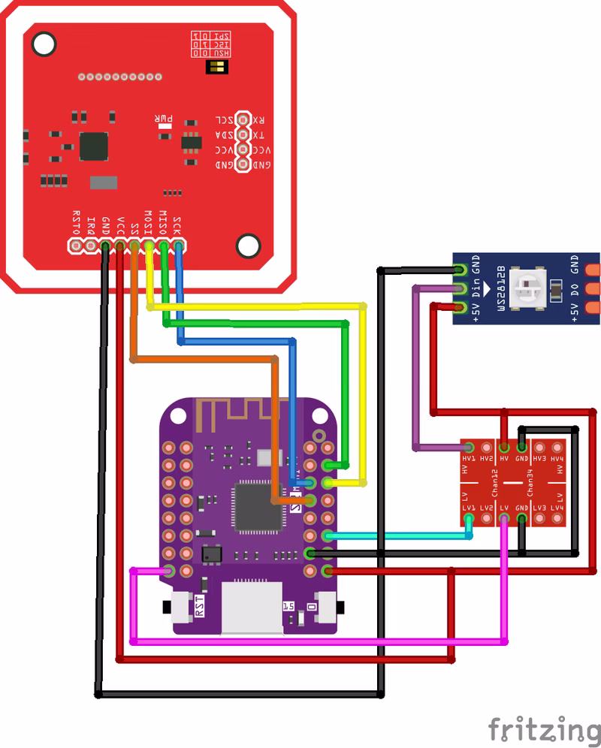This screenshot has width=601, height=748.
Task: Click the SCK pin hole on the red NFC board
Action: click(x=179, y=246)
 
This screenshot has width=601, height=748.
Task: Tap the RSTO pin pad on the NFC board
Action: click(x=76, y=246)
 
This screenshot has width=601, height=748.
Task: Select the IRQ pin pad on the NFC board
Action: click(x=90, y=246)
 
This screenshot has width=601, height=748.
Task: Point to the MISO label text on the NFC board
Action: click(x=162, y=223)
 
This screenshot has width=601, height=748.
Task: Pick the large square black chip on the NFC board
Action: click(x=95, y=146)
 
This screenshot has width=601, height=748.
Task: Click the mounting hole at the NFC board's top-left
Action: click(x=44, y=43)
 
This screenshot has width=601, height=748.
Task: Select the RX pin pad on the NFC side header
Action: click(x=242, y=119)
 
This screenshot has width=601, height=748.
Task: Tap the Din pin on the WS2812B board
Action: click(x=461, y=288)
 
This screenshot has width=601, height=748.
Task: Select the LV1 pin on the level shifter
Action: click(x=469, y=518)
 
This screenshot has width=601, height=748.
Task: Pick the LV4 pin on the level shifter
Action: click(x=557, y=518)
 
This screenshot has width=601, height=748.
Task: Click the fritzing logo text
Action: click(x=544, y=729)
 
